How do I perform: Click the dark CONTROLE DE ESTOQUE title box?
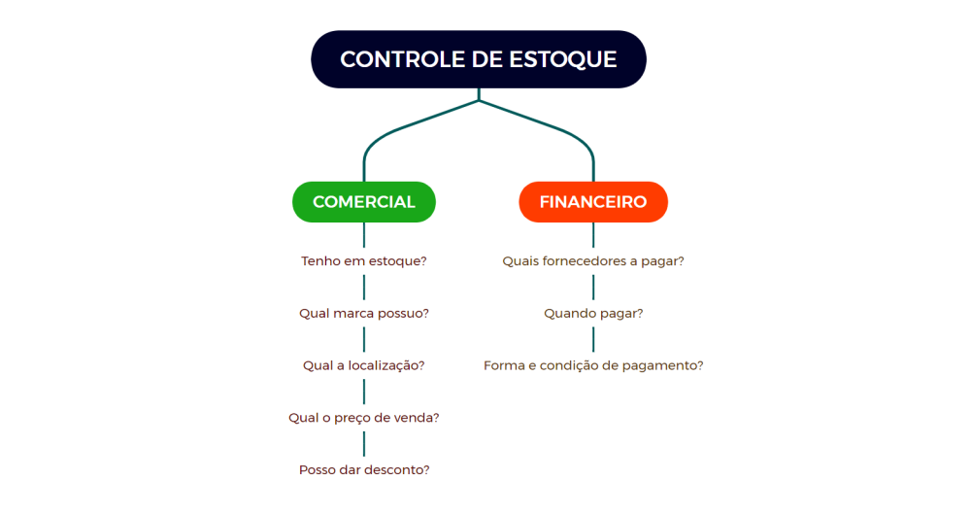478,59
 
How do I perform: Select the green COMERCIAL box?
364,202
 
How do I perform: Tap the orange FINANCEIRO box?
593,202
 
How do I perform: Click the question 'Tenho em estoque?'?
364,261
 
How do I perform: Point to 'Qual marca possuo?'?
364,313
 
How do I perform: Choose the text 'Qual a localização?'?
364,365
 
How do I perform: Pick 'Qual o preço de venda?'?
364,417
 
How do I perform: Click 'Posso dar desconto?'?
364,469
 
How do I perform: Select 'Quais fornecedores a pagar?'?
593,261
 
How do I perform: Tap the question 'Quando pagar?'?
593,313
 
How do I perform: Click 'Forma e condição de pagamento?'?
593,365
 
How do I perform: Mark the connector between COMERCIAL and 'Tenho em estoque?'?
364,235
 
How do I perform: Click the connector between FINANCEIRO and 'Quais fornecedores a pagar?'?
593,235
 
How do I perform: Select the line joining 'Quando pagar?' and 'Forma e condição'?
593,339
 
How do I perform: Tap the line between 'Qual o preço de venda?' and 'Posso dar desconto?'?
364,444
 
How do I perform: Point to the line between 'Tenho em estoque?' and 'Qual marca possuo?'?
364,287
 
